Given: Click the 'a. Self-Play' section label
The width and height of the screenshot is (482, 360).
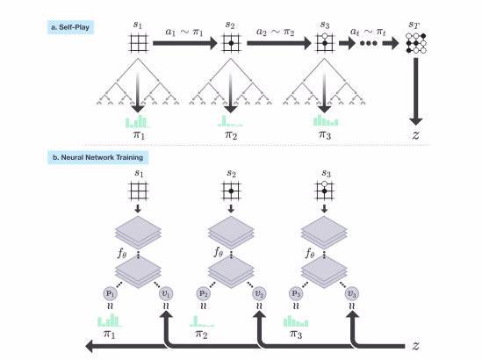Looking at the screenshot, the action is (70, 27).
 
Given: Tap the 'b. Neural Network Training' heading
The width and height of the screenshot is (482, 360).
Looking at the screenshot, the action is (97, 157).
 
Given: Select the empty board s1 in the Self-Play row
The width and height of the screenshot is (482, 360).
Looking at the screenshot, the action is (138, 43).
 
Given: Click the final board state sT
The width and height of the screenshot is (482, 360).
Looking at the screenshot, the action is (416, 43).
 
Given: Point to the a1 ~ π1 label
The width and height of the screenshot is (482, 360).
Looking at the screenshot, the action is (183, 32).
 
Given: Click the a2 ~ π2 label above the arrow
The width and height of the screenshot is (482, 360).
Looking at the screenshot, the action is (275, 32).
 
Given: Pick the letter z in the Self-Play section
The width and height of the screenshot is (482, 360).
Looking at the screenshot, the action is (415, 134).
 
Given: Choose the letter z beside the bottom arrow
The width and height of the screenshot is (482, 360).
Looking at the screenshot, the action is (415, 346).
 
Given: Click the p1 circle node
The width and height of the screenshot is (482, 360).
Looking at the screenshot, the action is (110, 293).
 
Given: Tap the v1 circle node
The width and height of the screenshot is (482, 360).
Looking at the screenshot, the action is (166, 293).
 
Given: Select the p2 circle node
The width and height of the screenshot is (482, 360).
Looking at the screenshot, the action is (203, 293).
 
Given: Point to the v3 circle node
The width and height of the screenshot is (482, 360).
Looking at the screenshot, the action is (352, 293).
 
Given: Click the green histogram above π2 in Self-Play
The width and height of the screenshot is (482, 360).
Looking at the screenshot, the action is (230, 121).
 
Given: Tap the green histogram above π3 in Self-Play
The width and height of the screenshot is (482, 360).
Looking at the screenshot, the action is (326, 120).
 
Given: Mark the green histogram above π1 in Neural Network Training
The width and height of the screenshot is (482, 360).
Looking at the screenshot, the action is (110, 320).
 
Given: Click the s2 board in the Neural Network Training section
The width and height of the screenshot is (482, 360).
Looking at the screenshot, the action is (231, 191).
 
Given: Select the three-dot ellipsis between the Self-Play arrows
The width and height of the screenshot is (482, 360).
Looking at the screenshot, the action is (369, 43).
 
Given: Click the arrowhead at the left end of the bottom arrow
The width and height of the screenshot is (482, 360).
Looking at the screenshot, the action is (90, 346).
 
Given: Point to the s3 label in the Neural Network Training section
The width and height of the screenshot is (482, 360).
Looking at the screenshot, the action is (326, 173).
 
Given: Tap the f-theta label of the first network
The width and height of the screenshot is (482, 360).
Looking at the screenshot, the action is (122, 254).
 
